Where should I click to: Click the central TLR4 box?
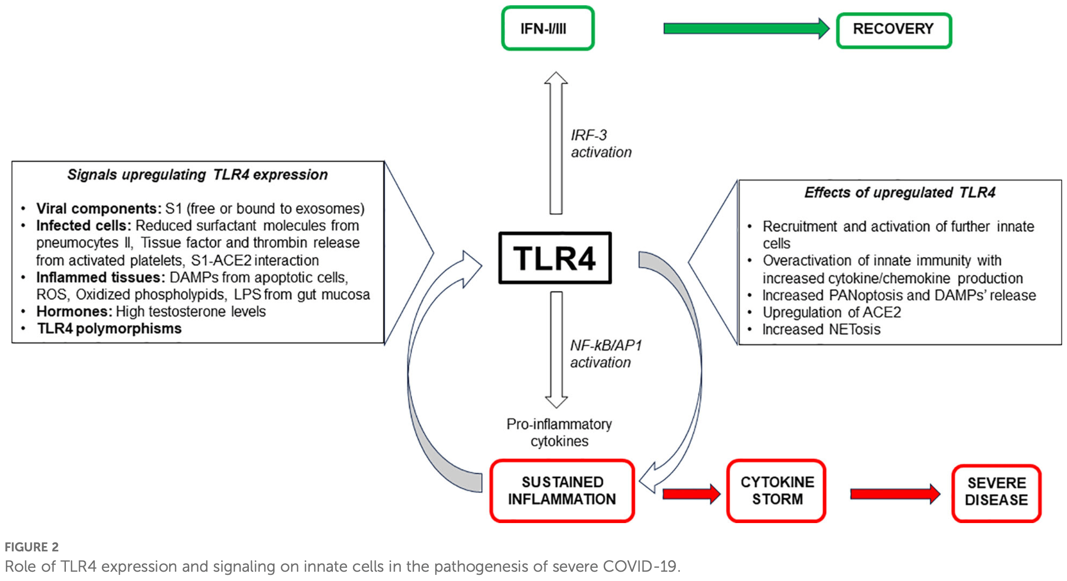555,258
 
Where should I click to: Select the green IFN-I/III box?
548,28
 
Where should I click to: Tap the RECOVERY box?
894,30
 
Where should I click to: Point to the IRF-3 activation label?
601,143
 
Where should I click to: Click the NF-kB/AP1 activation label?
605,354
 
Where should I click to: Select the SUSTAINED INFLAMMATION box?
562,491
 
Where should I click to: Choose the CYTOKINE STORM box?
777,491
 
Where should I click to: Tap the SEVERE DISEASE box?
996,492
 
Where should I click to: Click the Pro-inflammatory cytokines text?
559,432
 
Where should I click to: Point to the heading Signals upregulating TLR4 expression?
198,175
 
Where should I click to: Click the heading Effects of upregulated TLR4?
899,193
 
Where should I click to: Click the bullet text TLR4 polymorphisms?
109,329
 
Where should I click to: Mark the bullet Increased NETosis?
821,329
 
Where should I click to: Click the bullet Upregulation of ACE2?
831,312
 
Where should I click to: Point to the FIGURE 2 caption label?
31,547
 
